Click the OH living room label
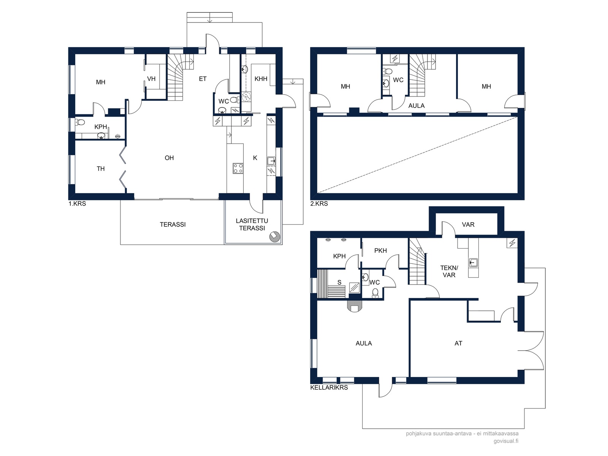(169, 158)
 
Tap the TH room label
(101, 169)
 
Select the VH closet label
(151, 79)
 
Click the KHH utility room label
(261, 79)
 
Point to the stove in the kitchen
(238, 168)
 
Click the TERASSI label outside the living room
(173, 225)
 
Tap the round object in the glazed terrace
(275, 237)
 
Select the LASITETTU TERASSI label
(252, 225)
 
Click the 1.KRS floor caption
(77, 204)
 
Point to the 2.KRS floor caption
(319, 204)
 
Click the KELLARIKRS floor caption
(329, 388)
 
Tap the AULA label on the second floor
(416, 106)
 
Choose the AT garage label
(458, 343)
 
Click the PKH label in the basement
(381, 250)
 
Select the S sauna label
(339, 282)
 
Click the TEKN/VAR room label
(449, 271)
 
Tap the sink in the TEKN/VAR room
(473, 262)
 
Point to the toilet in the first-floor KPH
(80, 122)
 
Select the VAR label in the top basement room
(468, 225)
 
